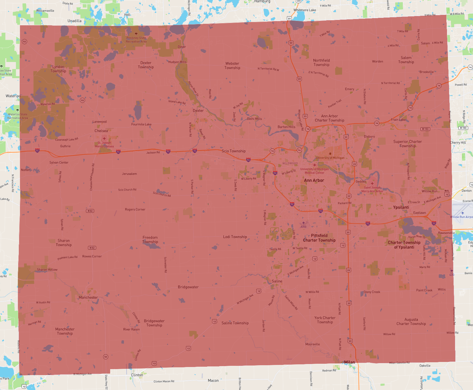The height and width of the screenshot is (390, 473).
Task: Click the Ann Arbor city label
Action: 314,180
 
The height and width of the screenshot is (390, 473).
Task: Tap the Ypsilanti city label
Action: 401,207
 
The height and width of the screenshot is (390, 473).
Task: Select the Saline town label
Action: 277,281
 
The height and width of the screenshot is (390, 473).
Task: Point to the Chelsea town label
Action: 101,131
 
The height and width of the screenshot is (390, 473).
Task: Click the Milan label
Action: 349,362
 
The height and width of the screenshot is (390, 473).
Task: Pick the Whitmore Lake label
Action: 305,10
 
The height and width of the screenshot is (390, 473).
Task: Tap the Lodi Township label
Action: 235,237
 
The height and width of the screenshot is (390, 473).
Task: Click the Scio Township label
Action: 234,151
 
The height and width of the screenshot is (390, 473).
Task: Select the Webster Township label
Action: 232,66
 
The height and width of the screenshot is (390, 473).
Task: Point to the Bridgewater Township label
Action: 154,323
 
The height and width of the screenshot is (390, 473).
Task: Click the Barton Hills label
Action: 286,127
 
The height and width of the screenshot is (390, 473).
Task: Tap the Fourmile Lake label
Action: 141,124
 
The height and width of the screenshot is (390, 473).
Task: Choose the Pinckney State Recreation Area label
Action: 136,40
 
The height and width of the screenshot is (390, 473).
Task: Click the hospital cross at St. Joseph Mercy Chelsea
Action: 104,139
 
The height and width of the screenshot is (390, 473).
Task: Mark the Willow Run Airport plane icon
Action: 463,213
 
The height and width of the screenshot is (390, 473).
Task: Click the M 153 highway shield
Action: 425,129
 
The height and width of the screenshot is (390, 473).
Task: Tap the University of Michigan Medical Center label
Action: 314,171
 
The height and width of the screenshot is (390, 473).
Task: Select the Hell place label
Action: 127,15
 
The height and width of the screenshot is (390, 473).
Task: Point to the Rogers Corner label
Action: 135,210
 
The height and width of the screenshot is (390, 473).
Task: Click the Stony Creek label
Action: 372,292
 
